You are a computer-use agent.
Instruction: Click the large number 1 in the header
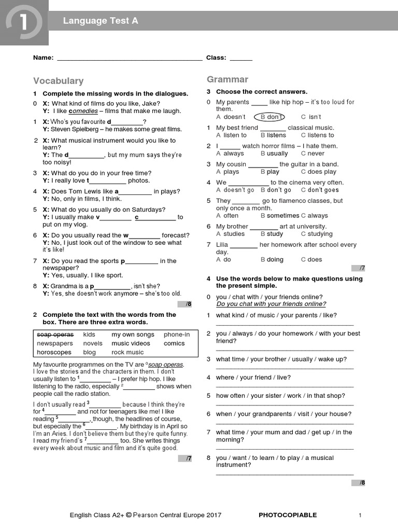pos(24,22)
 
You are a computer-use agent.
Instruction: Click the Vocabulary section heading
pos(58,81)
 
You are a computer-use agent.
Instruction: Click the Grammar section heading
pos(228,79)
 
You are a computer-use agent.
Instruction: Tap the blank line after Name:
pos(130,59)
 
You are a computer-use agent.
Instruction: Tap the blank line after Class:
pos(241,59)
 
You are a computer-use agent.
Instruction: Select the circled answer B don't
pos(272,117)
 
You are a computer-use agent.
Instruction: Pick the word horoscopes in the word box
pos(54,352)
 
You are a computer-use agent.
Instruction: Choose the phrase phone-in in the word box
pos(177,334)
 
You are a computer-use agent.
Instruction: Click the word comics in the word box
pos(174,343)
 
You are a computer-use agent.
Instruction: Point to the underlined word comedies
pos(83,111)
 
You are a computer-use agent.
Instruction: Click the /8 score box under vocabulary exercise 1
pos(185,304)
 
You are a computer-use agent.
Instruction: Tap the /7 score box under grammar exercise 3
pos(359,268)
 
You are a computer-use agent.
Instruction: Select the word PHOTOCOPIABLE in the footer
pos(288,515)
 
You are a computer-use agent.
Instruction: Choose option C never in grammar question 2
pos(312,153)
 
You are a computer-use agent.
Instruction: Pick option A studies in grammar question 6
pos(230,234)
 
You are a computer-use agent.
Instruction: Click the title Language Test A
pos(101,21)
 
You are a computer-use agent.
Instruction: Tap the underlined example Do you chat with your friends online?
pos(271,304)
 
